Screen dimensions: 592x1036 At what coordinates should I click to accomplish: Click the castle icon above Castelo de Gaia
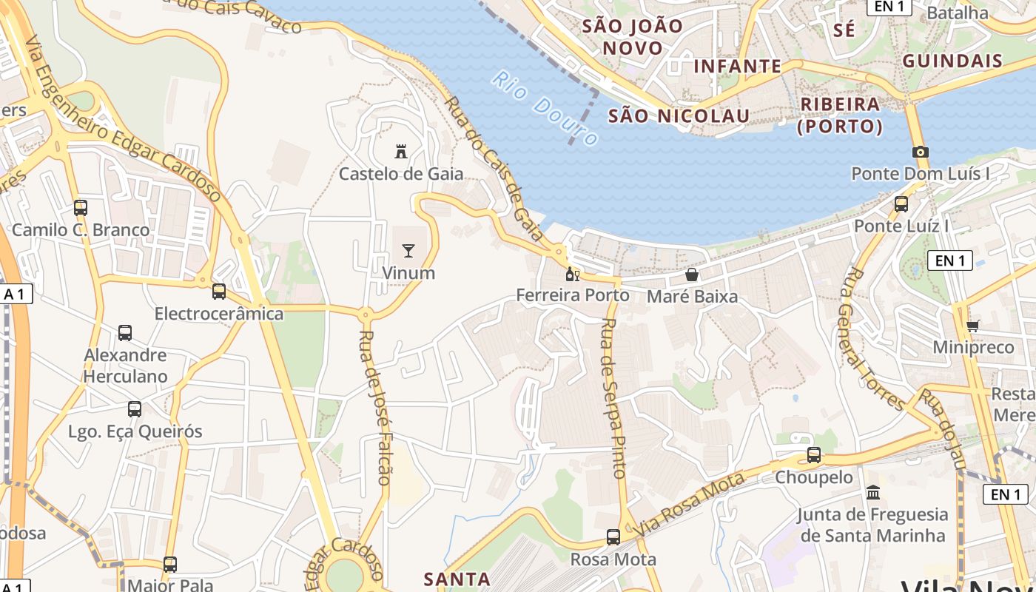[x=401, y=152]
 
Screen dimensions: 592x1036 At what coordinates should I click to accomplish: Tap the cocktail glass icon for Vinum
[x=408, y=251]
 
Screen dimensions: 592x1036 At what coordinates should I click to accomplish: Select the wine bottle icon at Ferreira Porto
[x=572, y=275]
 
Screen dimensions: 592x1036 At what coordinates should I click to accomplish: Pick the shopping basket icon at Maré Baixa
[x=692, y=275]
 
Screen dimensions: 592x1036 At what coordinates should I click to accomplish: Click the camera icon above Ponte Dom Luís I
[x=920, y=152]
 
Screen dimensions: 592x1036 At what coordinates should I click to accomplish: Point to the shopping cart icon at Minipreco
[x=973, y=326]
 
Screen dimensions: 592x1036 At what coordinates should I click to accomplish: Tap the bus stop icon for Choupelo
[x=814, y=455]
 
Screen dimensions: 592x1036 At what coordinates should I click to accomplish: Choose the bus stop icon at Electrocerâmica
[x=218, y=292]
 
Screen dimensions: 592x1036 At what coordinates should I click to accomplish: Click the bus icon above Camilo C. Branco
[x=81, y=208]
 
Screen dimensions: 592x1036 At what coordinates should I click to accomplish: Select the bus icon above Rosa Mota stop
[x=613, y=536]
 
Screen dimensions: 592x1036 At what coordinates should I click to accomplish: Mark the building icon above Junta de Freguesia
[x=873, y=492]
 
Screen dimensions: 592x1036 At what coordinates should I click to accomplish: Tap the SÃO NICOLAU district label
[x=679, y=115]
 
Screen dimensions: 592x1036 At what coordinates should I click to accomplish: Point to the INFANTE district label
[x=737, y=67]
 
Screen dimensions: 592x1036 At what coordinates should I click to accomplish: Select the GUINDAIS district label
[x=952, y=61]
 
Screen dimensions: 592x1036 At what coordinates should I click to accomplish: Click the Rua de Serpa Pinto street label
[x=615, y=397]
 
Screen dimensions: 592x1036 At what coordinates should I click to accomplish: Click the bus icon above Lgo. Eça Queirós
[x=135, y=409]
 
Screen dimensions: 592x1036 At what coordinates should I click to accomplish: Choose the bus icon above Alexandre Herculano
[x=125, y=333]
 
